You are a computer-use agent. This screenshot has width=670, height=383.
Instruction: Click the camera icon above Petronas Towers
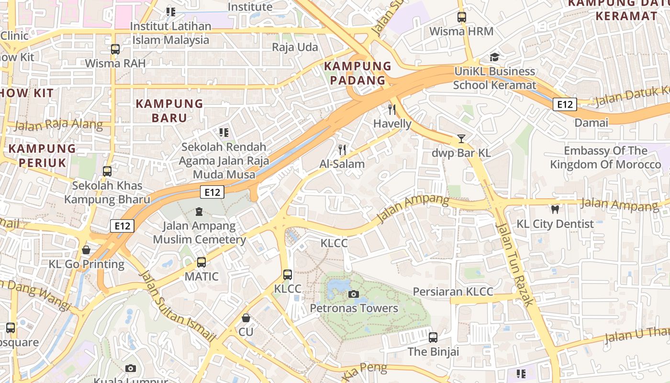pyautogui.click(x=354, y=294)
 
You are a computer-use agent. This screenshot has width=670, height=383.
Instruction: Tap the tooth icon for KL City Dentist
pyautogui.click(x=555, y=209)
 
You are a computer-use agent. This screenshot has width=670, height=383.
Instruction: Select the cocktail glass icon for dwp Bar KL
pyautogui.click(x=461, y=139)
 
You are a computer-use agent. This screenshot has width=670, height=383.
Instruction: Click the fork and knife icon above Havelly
pyautogui.click(x=392, y=110)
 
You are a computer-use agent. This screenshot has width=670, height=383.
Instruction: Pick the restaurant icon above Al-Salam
pyautogui.click(x=342, y=150)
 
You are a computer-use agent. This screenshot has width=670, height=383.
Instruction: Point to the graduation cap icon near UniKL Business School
pyautogui.click(x=494, y=57)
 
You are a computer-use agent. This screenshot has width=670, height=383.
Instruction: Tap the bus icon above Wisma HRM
pyautogui.click(x=461, y=17)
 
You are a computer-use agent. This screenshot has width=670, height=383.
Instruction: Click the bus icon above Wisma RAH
pyautogui.click(x=115, y=49)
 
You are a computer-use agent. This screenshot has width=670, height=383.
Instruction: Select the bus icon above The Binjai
pyautogui.click(x=433, y=338)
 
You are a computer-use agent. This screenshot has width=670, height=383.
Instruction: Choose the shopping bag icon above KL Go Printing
pyautogui.click(x=86, y=250)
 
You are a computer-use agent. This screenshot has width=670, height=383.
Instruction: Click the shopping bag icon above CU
pyautogui.click(x=246, y=318)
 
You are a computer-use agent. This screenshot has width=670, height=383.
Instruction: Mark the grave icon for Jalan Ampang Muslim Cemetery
pyautogui.click(x=199, y=211)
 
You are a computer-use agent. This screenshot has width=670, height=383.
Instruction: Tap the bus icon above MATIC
pyautogui.click(x=201, y=262)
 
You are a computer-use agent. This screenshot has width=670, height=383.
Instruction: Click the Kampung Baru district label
pyautogui.click(x=169, y=111)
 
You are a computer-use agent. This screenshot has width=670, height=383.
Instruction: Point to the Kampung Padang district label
pyautogui.click(x=357, y=73)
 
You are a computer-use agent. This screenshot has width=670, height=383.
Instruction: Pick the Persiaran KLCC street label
pyautogui.click(x=453, y=292)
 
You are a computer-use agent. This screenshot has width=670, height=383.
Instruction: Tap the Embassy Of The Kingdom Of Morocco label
pyautogui.click(x=605, y=158)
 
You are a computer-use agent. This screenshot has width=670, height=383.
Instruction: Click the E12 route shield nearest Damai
pyautogui.click(x=565, y=104)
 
